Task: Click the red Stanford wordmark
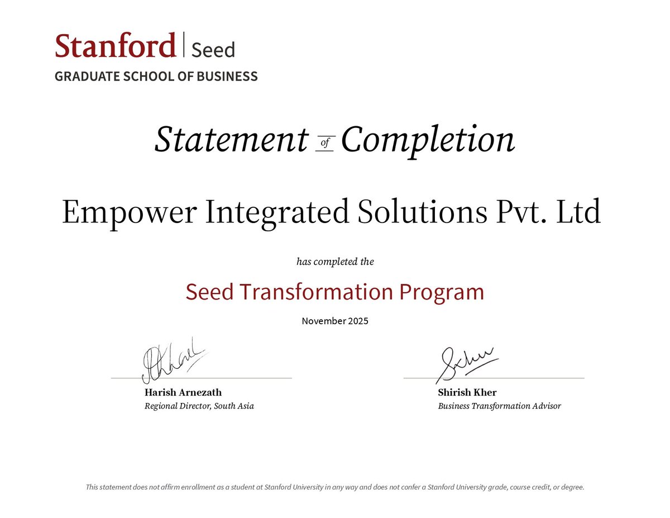point(115,46)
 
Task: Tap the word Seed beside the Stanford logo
point(213,50)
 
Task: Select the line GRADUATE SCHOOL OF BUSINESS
point(156,77)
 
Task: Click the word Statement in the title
point(231,140)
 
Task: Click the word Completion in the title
point(428,140)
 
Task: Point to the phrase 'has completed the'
point(335,262)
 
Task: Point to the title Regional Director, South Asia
point(199,406)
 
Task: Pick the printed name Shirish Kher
point(467,392)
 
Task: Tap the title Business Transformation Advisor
point(499,406)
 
